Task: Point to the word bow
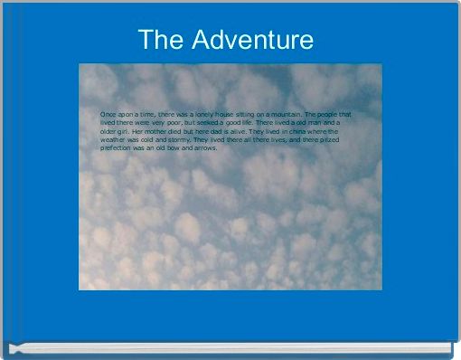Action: (177, 147)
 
